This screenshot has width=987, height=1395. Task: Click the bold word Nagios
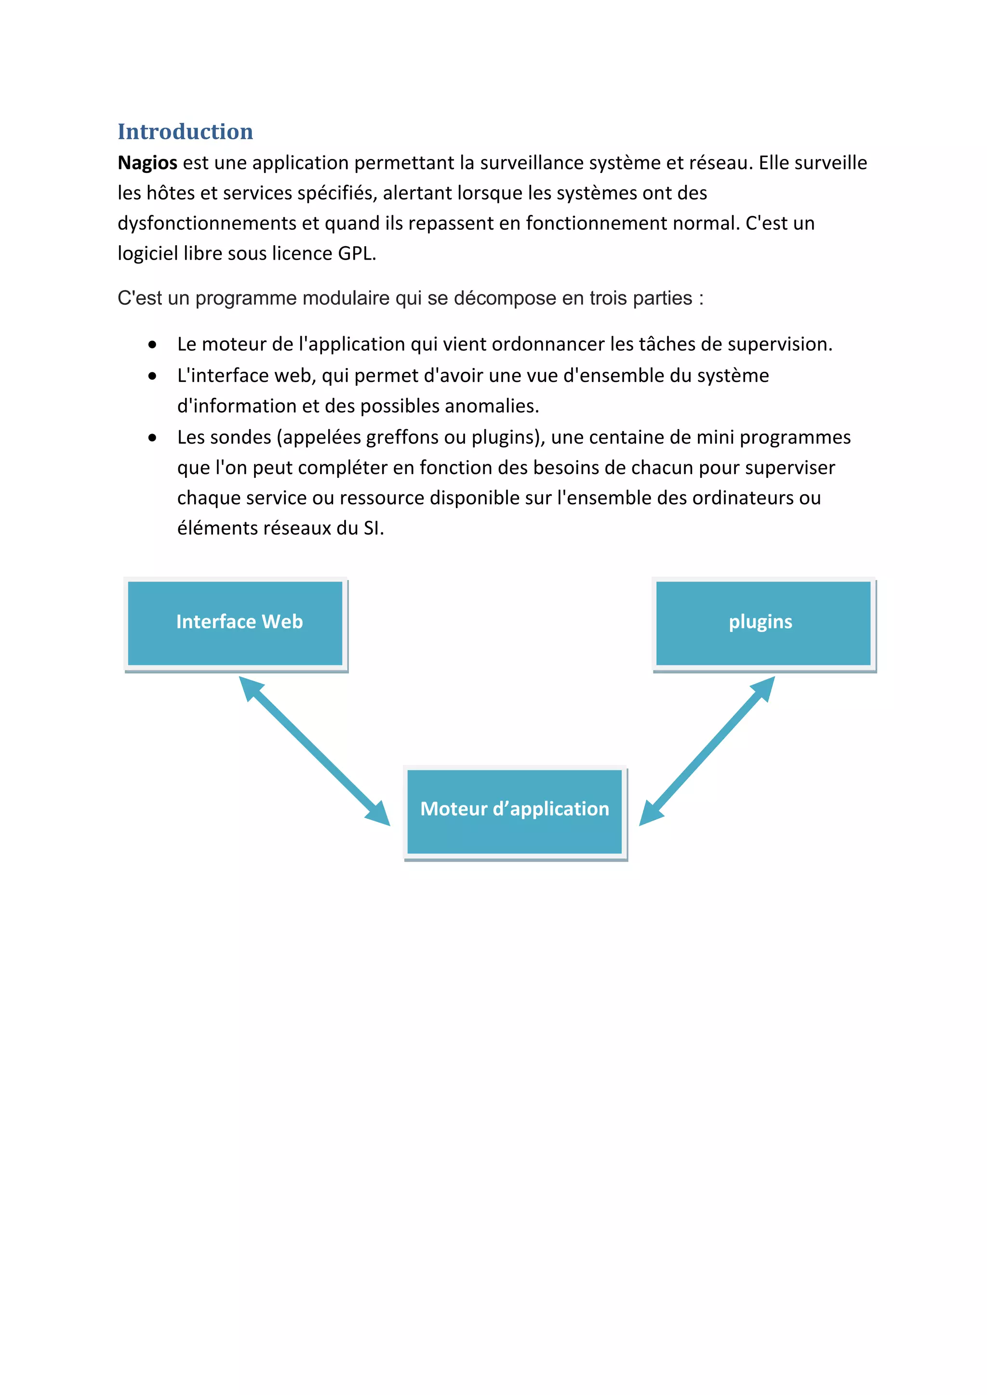147,163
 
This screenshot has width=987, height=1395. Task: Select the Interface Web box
235,623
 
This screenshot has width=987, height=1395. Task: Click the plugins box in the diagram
763,623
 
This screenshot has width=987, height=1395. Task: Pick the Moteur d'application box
515,811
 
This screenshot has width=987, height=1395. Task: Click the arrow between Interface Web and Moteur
314,751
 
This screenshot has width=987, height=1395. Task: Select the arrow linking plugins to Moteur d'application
707,750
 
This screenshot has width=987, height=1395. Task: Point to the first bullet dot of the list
152,345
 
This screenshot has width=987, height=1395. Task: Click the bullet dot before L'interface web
152,377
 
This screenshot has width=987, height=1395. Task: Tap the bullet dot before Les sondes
152,438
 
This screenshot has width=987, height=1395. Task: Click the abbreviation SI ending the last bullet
373,528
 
